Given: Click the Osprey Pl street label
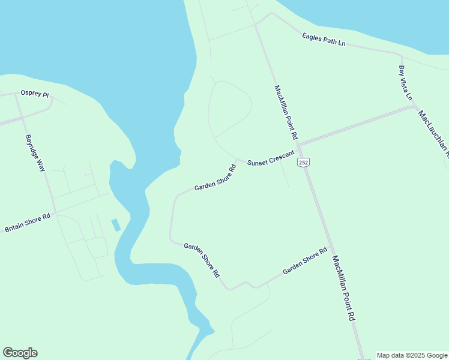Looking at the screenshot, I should [x=34, y=94].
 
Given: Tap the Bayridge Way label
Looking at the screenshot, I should [x=35, y=153].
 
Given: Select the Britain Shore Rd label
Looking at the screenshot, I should [x=28, y=224].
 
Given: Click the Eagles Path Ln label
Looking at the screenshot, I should [x=324, y=39].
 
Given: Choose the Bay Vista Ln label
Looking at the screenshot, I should [x=406, y=82].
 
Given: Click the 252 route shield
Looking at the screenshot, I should [x=304, y=162].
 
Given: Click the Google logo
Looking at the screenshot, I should [x=20, y=353].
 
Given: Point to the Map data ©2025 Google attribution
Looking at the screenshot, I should [x=412, y=355].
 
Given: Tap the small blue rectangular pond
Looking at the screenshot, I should [x=116, y=225].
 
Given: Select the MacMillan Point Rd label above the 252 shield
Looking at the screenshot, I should [x=286, y=113].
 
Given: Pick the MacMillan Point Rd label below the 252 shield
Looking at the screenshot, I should [x=344, y=288].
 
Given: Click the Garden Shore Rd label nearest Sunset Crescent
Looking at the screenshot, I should [x=215, y=178].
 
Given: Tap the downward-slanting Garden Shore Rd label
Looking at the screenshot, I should [x=202, y=260].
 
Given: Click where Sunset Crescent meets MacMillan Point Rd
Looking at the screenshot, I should [x=298, y=145].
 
